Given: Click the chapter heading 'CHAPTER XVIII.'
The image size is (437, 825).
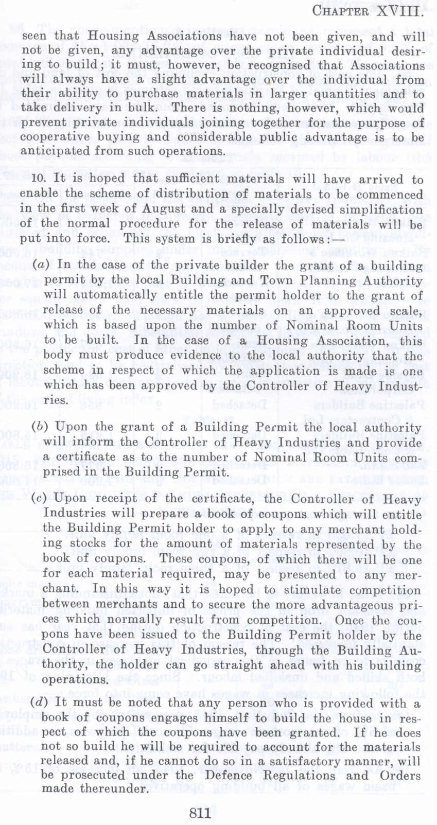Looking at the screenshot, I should tap(368, 11).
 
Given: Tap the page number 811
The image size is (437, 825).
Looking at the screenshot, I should tap(200, 813).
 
